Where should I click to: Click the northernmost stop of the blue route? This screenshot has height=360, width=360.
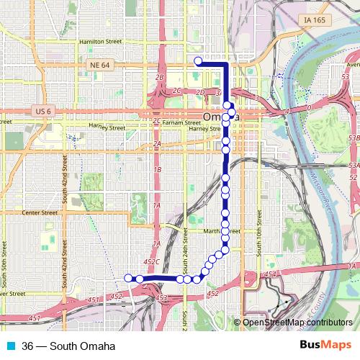198,60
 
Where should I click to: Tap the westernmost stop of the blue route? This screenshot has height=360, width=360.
129,278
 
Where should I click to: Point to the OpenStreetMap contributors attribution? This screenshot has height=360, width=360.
297,323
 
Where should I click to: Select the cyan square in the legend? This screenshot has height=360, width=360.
12,346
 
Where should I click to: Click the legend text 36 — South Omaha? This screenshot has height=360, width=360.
69,346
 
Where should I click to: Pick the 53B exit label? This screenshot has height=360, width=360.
352,136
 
